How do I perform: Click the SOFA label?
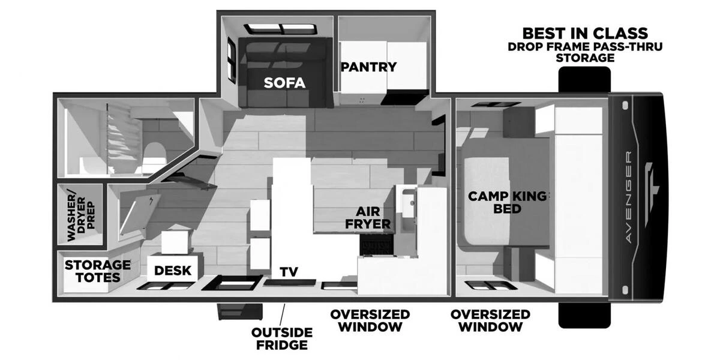284,83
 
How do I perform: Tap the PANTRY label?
368,67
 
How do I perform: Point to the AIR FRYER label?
373,217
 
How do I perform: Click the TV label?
289,272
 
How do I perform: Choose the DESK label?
173,271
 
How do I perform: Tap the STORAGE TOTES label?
97,271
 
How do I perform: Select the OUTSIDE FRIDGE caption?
281,339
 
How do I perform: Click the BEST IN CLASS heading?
585,33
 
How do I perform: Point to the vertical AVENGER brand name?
628,197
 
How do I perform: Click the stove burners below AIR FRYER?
376,245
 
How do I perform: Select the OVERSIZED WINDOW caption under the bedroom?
490,320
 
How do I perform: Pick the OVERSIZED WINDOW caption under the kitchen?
370,320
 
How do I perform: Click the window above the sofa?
281,29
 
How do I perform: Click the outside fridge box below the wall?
239,311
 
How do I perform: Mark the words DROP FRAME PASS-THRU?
585,46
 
